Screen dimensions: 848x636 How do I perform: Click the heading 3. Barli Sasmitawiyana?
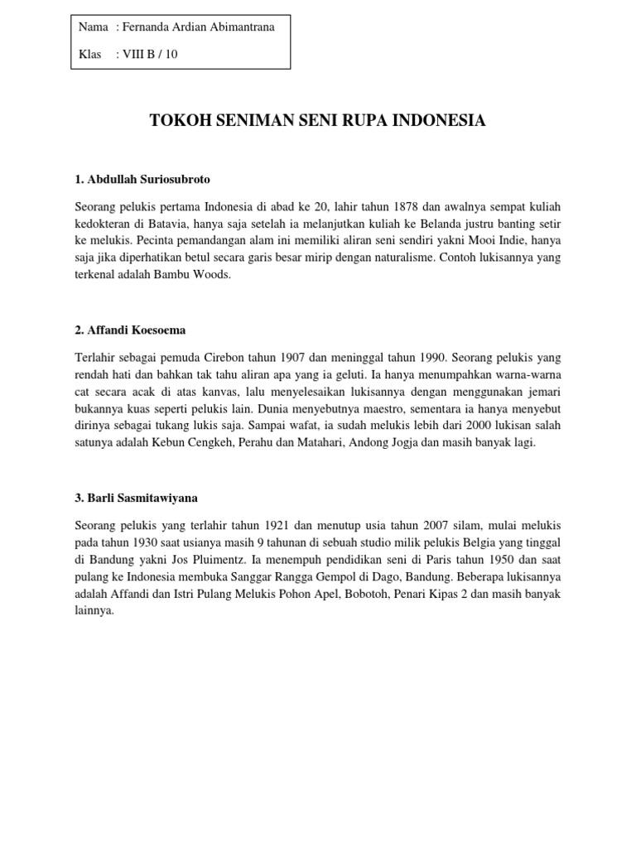(137, 499)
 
